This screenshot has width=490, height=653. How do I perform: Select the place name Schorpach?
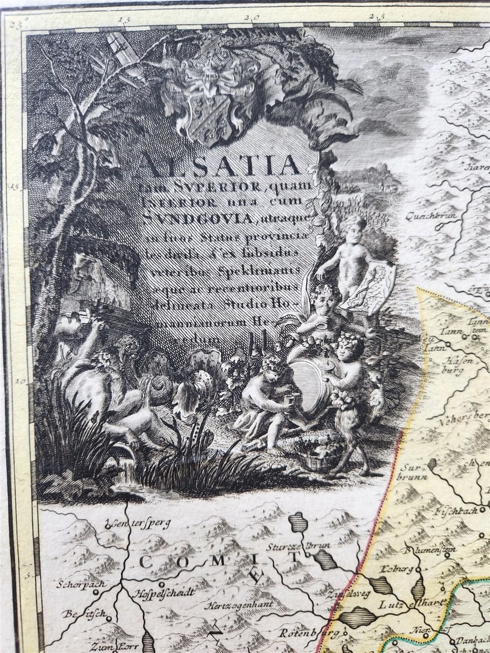(81, 584)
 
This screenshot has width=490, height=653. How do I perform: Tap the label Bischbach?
(456, 509)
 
